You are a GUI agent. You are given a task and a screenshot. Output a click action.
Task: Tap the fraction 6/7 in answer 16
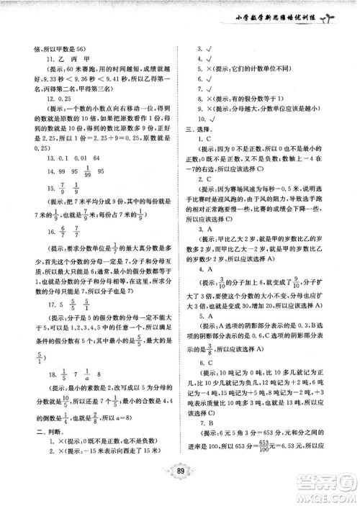(x=67, y=250)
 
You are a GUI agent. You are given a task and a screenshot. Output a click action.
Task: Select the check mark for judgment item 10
(x=218, y=115)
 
